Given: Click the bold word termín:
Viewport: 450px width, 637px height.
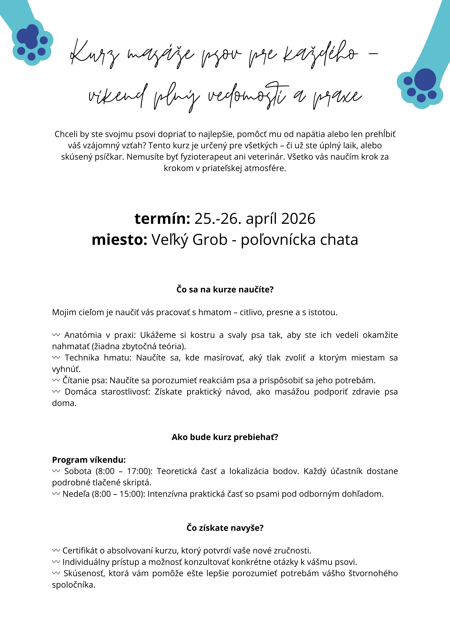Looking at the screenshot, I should pyautogui.click(x=162, y=219).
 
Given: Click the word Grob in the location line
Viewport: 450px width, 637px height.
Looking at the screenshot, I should pyautogui.click(x=210, y=240).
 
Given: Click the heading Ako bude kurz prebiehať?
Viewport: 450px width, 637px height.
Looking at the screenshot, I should pyautogui.click(x=225, y=437).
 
